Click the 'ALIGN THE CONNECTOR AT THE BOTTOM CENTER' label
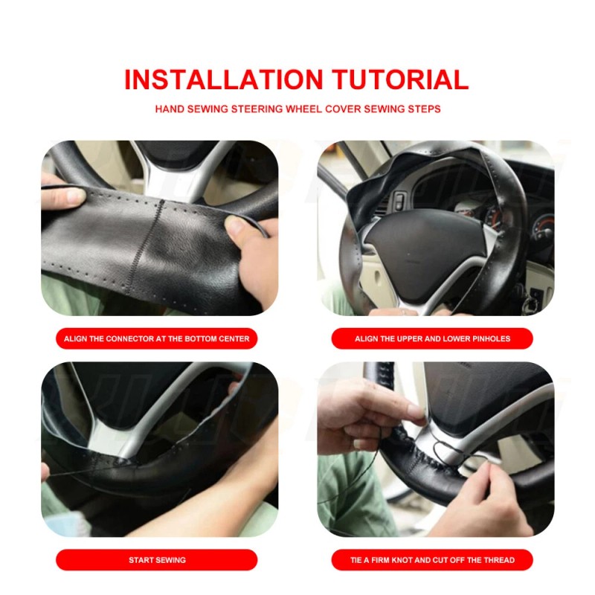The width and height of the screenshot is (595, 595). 157,338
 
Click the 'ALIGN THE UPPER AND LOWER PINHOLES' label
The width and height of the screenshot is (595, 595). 432,338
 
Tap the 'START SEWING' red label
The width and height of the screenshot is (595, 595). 157,559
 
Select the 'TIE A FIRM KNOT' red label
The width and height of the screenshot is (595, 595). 432,559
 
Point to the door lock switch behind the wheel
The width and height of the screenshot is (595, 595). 399,200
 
